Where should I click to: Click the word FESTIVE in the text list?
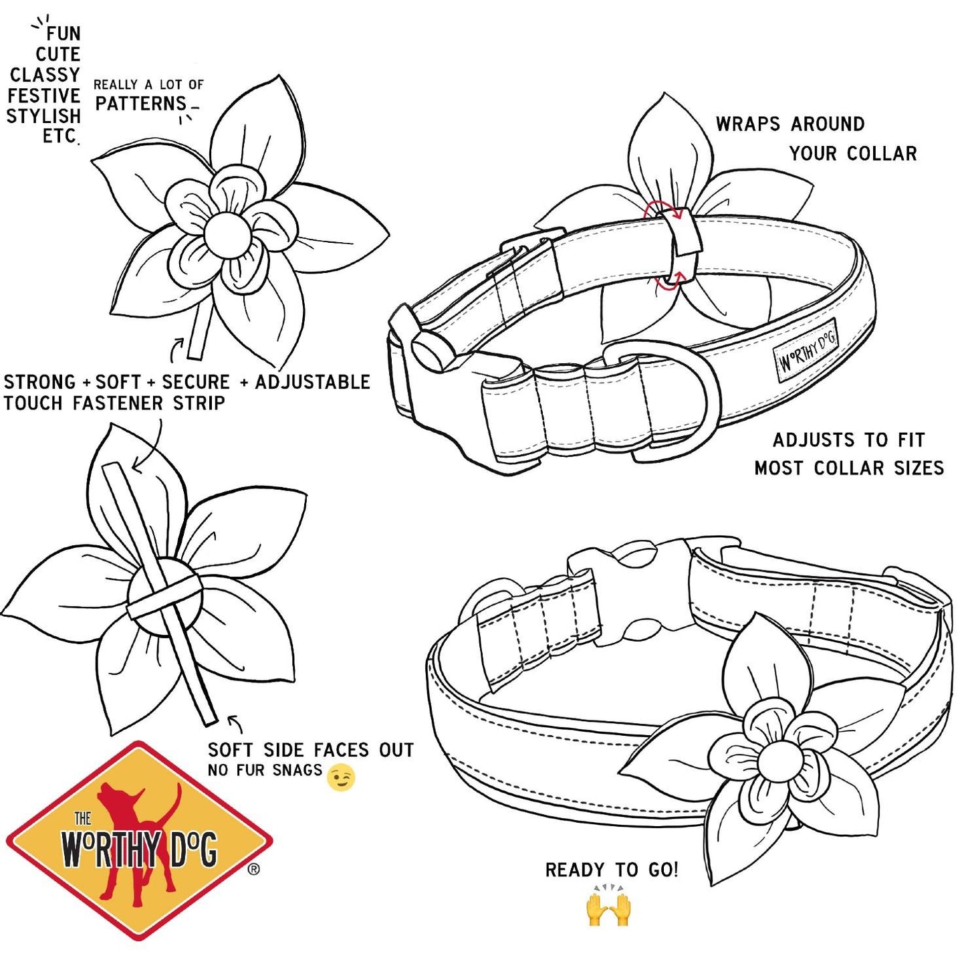click(x=43, y=96)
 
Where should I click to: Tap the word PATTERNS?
click(x=141, y=104)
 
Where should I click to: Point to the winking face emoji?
click(x=341, y=777)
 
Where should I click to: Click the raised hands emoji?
click(x=608, y=910)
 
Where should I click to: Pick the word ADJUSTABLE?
click(x=312, y=382)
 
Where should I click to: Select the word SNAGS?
click(x=297, y=771)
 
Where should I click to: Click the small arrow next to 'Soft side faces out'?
click(x=235, y=724)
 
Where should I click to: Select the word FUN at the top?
click(x=64, y=33)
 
